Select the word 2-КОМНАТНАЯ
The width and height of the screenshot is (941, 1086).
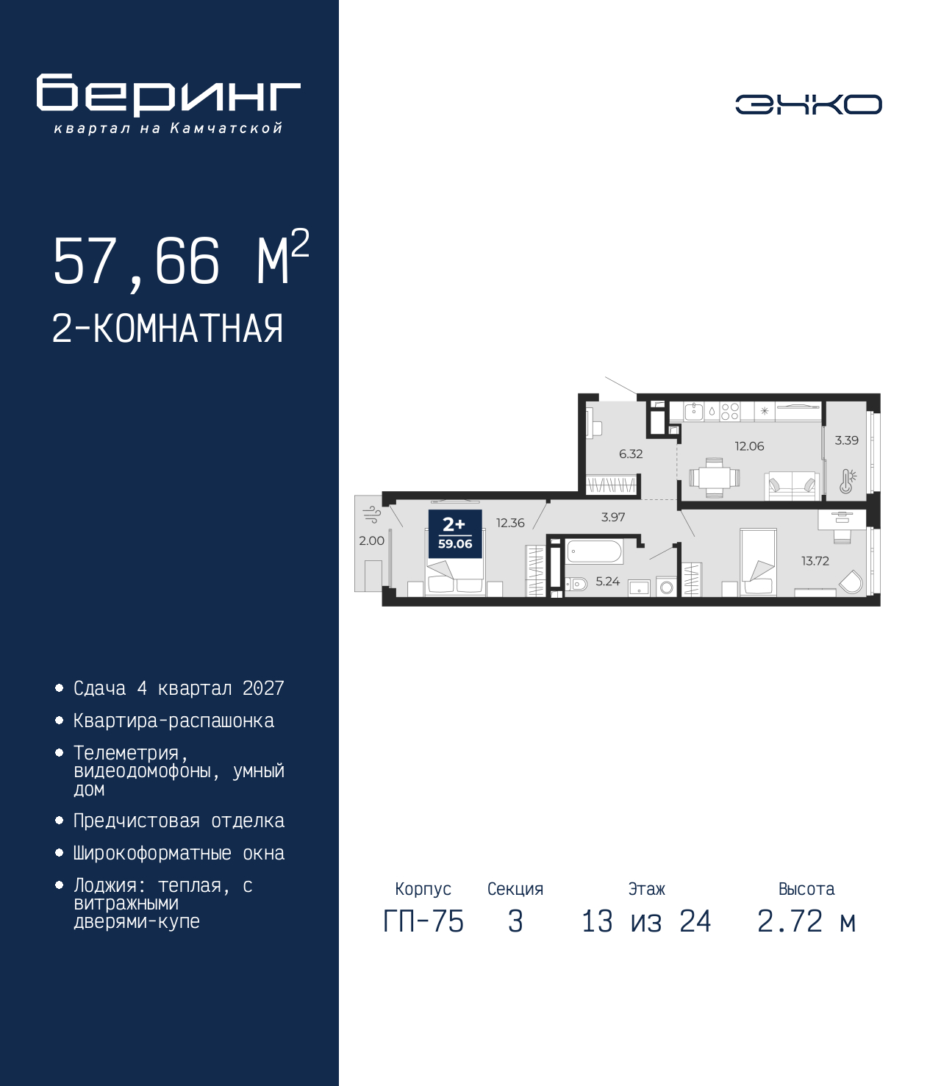click(168, 329)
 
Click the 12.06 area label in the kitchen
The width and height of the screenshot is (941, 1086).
click(749, 446)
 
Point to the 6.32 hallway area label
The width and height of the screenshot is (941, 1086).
click(631, 454)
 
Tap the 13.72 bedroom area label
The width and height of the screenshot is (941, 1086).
click(815, 560)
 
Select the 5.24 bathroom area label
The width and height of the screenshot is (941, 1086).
click(607, 581)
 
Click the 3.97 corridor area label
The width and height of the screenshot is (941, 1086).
click(613, 517)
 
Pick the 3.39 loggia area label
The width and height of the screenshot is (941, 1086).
click(846, 440)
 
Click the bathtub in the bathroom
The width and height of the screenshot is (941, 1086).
click(594, 551)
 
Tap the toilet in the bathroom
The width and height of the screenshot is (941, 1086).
click(576, 584)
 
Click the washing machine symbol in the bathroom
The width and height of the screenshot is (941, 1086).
click(667, 587)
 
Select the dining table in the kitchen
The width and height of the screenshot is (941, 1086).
click(714, 478)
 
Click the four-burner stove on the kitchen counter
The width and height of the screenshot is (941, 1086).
click(729, 411)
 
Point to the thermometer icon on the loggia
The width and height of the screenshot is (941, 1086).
click(847, 481)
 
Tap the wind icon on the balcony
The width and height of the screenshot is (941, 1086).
click(372, 515)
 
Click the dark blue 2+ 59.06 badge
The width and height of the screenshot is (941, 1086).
click(455, 533)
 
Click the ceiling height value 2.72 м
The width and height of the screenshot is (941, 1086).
click(806, 921)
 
